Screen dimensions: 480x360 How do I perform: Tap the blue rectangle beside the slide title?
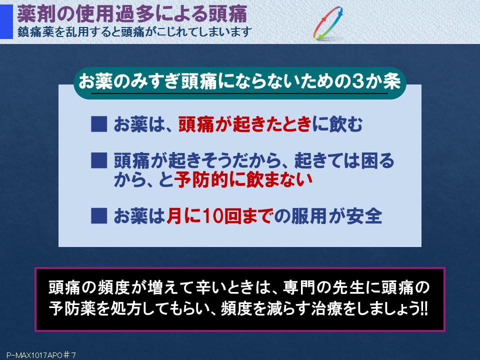click(6, 21)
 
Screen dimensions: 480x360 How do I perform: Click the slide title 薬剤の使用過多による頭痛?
click(132, 14)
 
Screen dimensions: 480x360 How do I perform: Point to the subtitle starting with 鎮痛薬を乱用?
click(134, 32)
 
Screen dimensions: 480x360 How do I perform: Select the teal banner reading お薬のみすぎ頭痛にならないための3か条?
click(240, 83)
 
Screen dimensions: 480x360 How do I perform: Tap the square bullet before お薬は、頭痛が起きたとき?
click(99, 124)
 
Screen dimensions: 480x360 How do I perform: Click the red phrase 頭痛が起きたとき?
click(244, 124)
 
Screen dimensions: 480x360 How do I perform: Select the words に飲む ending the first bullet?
click(337, 124)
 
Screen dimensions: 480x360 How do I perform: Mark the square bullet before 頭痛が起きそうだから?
click(99, 160)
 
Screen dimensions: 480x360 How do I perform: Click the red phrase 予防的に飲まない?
click(243, 179)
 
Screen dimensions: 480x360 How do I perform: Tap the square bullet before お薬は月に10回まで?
click(99, 216)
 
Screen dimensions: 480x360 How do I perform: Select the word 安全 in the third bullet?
click(364, 216)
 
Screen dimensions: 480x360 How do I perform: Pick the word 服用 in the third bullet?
click(308, 216)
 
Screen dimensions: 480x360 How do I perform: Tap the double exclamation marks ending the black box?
click(424, 309)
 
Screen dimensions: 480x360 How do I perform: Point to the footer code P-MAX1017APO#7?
click(41, 355)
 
